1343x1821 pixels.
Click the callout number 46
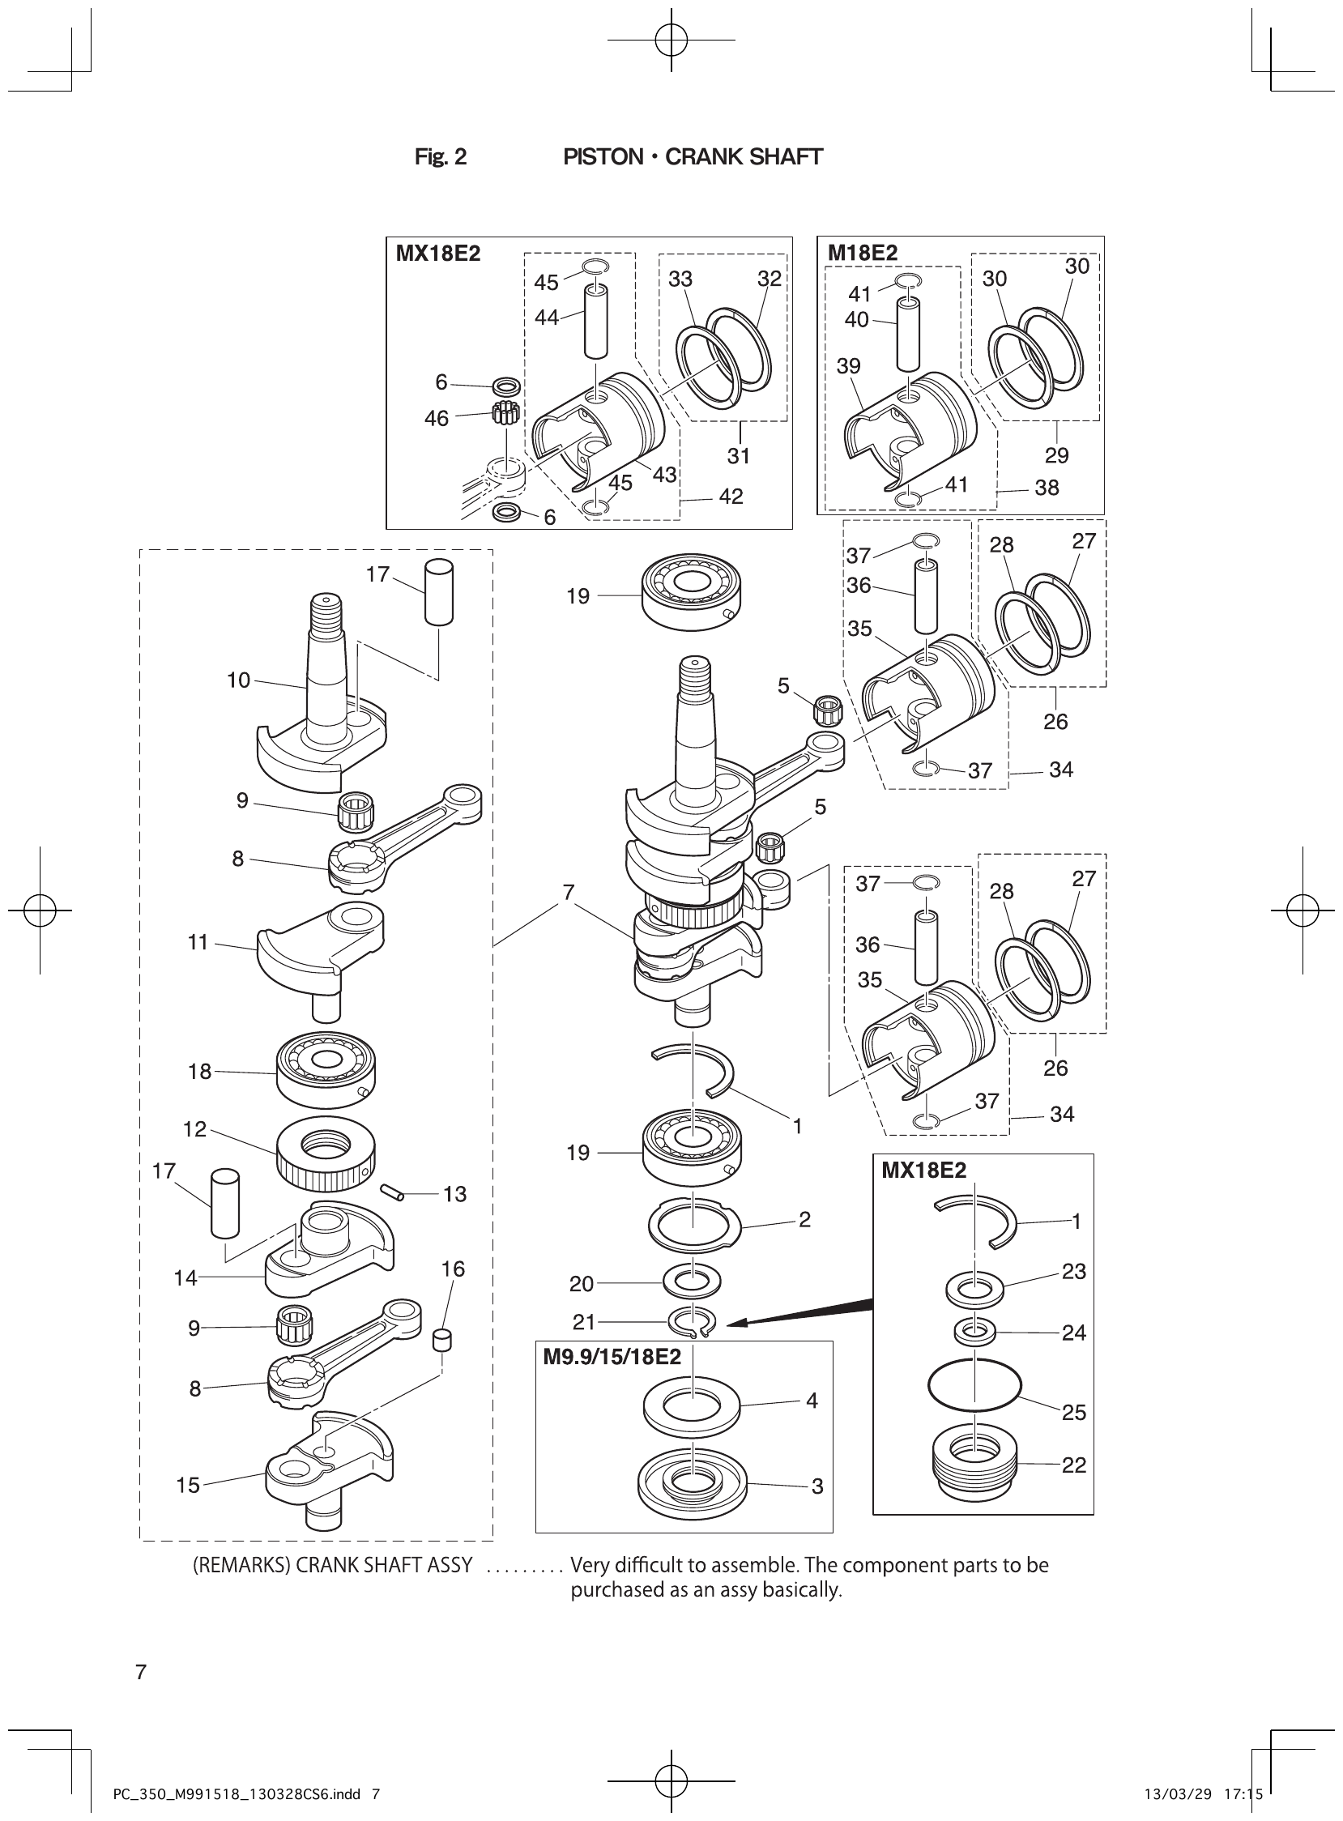pyautogui.click(x=436, y=418)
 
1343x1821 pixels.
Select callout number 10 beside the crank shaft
pyautogui.click(x=238, y=680)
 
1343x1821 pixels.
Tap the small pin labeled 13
pyautogui.click(x=393, y=1191)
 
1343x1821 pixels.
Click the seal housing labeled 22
pyautogui.click(x=973, y=1462)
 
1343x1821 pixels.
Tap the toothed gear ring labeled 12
pyautogui.click(x=325, y=1153)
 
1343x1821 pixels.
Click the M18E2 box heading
pyautogui.click(x=862, y=253)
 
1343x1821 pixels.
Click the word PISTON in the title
pyautogui.click(x=603, y=157)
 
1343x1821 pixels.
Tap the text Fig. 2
pyautogui.click(x=440, y=157)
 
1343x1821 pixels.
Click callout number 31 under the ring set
pyautogui.click(x=738, y=456)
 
